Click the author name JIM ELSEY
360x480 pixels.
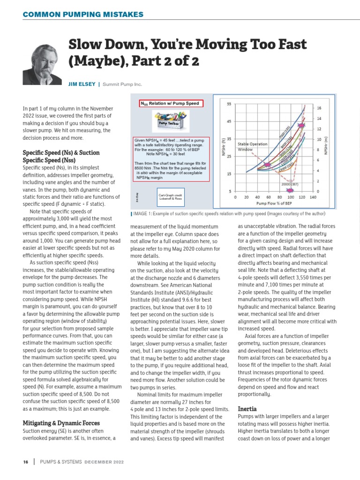point(82,84)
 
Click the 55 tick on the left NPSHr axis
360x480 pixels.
point(228,104)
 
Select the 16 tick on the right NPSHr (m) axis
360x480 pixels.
point(319,108)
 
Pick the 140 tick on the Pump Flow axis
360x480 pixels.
point(313,198)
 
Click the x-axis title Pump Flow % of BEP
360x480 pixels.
point(275,204)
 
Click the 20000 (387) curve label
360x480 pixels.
point(290,185)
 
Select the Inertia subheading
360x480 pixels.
point(247,409)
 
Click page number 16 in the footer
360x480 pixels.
point(26,462)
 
